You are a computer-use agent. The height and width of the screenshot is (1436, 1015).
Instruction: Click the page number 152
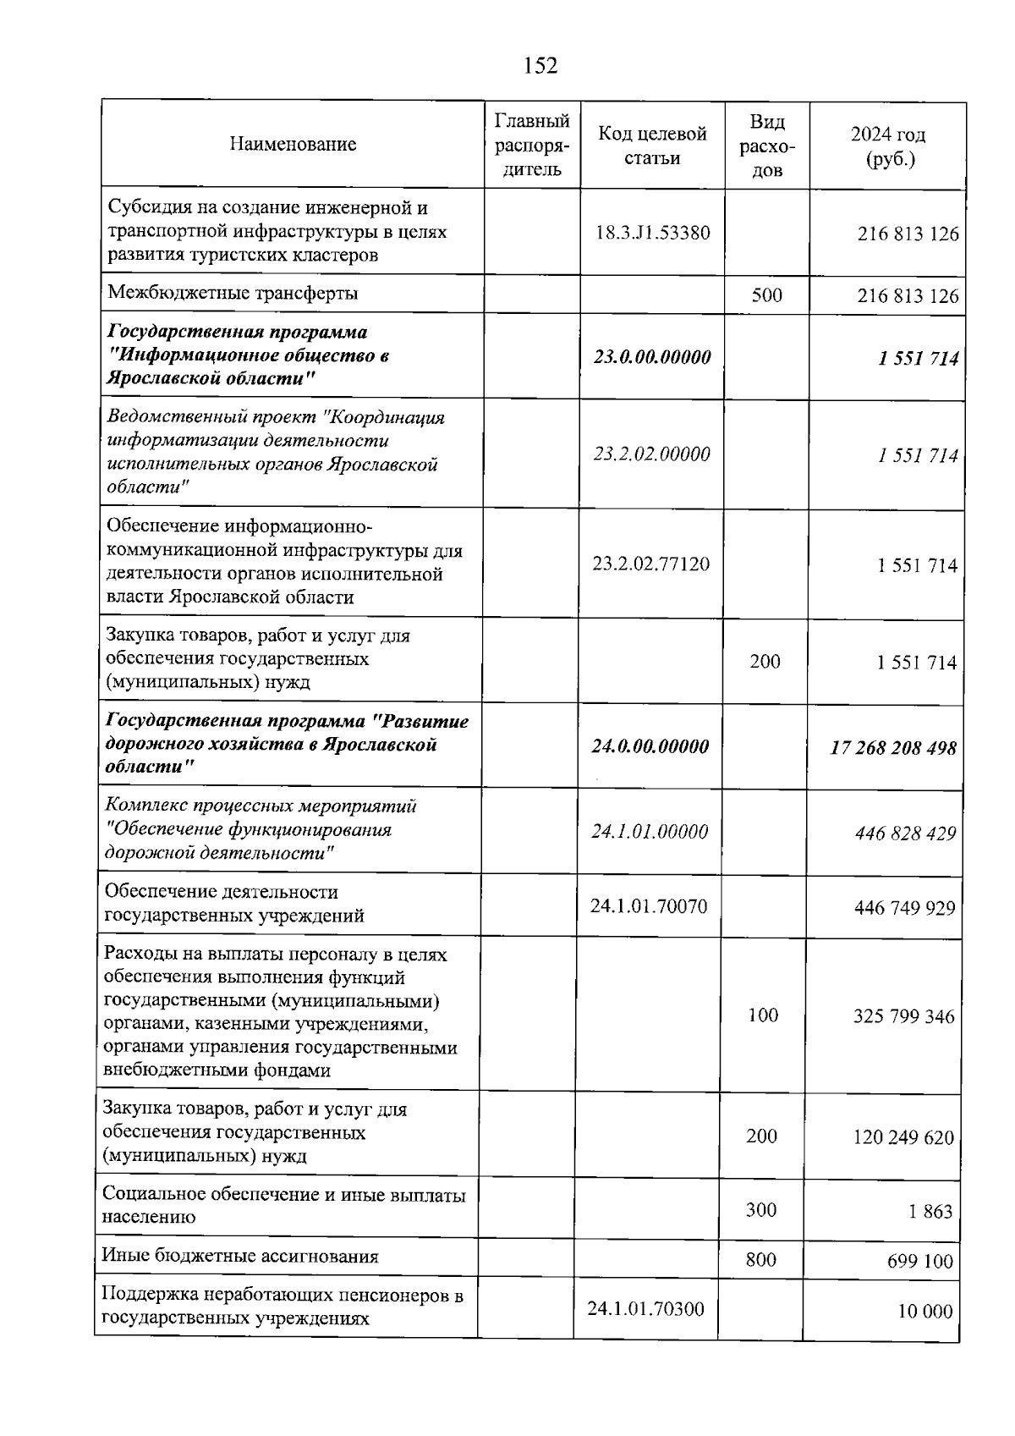pos(540,65)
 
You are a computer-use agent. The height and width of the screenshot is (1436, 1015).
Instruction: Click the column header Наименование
pos(293,145)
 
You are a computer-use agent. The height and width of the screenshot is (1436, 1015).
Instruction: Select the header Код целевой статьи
pos(652,146)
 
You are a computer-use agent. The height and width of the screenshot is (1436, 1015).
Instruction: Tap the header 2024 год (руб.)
pos(887,146)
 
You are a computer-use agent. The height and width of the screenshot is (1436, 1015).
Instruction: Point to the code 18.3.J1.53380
pos(652,233)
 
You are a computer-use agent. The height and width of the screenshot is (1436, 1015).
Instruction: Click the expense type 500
pos(766,295)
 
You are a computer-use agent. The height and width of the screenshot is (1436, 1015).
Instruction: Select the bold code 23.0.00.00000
pos(652,357)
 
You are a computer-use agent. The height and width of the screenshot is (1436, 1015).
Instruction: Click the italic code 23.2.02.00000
pos(651,454)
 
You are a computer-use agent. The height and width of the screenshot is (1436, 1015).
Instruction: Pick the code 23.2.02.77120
pos(650,564)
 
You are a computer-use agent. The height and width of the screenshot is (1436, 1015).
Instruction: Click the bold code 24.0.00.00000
pos(650,746)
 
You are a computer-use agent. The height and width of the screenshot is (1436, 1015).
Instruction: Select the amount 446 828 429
pos(905,834)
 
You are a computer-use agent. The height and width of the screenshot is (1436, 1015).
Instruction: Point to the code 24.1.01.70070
pos(649,906)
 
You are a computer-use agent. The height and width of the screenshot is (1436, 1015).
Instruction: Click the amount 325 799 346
pos(903,1016)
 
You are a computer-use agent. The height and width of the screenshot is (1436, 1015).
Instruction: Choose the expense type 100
pos(763,1015)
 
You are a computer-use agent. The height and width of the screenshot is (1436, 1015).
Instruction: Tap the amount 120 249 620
pos(903,1137)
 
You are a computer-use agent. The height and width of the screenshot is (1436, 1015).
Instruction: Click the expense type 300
pos(761,1210)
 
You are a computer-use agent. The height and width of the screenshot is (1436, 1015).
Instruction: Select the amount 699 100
pos(919,1263)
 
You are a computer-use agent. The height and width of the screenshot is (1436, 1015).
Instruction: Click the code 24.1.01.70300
pos(646,1309)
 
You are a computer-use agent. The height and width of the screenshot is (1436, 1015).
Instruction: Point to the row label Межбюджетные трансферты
pos(233,294)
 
